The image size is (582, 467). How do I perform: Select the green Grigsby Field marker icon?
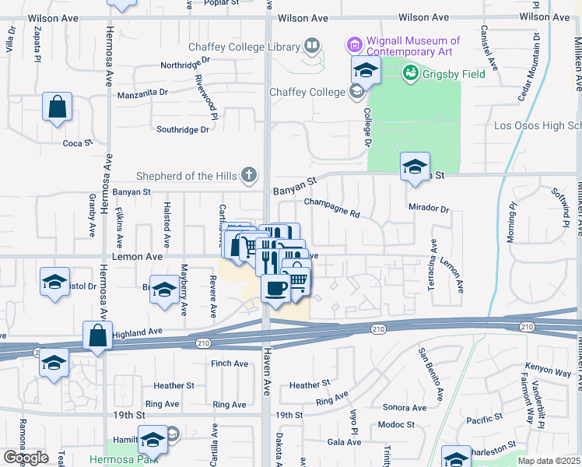tap(409, 73)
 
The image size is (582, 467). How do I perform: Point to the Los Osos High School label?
tap(538, 126)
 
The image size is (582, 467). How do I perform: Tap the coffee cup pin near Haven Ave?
tap(276, 290)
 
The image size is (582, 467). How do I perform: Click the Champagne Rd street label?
tap(332, 207)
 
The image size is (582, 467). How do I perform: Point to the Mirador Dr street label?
tap(429, 209)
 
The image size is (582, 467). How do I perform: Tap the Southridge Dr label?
tap(183, 130)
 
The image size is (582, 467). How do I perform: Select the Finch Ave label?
tap(230, 363)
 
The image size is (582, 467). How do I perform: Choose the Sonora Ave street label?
tap(405, 408)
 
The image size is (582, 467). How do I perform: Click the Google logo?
tap(26, 458)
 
